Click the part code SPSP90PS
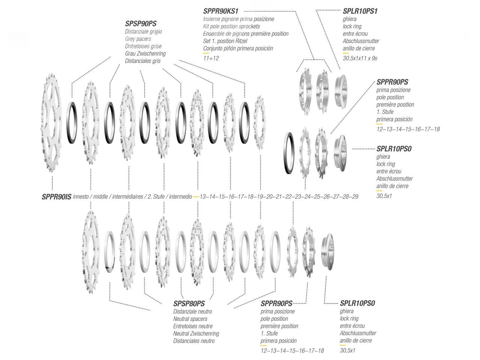(141, 24)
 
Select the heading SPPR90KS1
(220, 11)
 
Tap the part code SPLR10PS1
(360, 11)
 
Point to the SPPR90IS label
(56, 197)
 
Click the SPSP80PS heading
(189, 304)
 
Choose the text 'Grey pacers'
(138, 39)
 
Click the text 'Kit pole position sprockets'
(231, 27)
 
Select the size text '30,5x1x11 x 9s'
(360, 58)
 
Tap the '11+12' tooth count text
(211, 58)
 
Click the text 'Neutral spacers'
(190, 319)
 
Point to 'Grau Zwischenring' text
(145, 54)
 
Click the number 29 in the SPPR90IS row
(355, 197)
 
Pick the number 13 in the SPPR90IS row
(203, 197)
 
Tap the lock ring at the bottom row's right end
(328, 252)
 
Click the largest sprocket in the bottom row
(90, 252)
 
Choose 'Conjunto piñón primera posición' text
(238, 48)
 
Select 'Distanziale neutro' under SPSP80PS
(192, 312)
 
